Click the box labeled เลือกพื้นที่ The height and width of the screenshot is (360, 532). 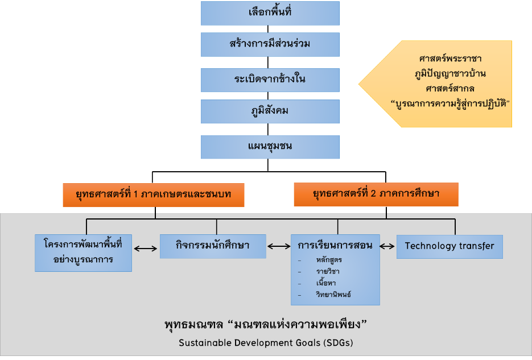[x=270, y=13]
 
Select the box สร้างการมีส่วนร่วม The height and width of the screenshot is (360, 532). [x=270, y=44]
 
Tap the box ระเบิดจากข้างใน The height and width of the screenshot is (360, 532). [x=270, y=80]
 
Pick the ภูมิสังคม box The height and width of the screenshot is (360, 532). [x=270, y=111]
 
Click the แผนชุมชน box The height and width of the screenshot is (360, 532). [x=270, y=147]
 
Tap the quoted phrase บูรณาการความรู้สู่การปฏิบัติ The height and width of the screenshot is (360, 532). [x=450, y=104]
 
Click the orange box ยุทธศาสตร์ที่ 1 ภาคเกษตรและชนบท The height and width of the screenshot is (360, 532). [x=154, y=195]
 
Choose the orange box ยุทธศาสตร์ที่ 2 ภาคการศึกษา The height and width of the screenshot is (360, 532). [x=376, y=195]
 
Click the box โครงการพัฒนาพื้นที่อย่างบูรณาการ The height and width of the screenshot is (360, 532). [x=83, y=252]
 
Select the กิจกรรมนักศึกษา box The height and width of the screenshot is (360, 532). [x=213, y=246]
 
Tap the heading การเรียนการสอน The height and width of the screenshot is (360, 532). [x=335, y=246]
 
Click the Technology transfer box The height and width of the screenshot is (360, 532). [x=449, y=246]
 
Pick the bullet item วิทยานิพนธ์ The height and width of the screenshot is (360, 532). [x=333, y=294]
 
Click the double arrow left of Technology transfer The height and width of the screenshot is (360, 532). [x=387, y=246]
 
